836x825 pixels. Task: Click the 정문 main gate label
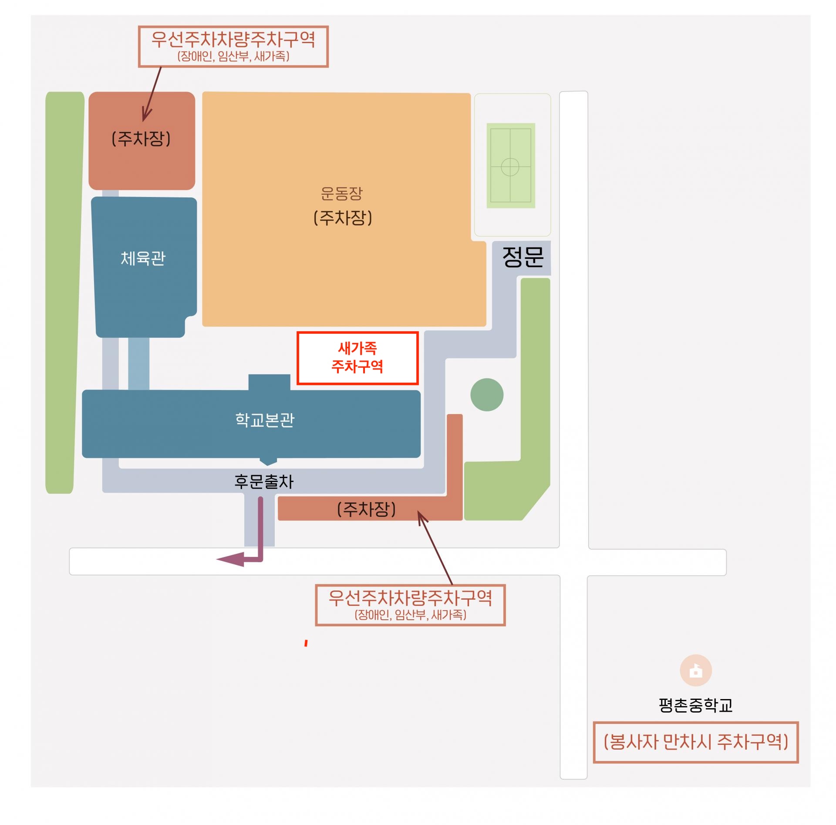tap(523, 257)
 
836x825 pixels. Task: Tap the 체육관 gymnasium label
tap(143, 258)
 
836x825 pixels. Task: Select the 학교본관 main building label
tap(265, 420)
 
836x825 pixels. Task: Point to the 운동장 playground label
tap(342, 194)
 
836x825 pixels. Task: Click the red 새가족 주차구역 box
tap(357, 358)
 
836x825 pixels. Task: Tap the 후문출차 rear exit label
tap(264, 482)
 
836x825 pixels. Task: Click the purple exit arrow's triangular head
tap(230, 560)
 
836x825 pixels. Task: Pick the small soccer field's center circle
tap(510, 167)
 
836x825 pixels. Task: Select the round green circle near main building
tap(487, 395)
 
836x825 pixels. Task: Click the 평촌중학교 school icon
tap(696, 671)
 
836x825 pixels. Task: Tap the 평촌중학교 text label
tap(696, 705)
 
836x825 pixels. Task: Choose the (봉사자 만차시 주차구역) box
tap(696, 742)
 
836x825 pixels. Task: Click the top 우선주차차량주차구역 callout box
tap(233, 47)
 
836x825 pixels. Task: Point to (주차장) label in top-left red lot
tap(141, 139)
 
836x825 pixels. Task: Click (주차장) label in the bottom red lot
tap(367, 509)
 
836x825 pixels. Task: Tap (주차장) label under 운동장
tap(343, 218)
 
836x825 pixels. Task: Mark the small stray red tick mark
tap(306, 643)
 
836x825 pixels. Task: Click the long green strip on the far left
tap(64, 292)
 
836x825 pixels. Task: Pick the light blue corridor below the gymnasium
tap(139, 363)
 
